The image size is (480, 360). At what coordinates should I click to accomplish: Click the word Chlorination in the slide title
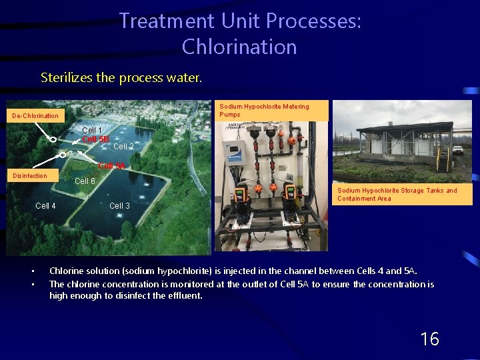239,47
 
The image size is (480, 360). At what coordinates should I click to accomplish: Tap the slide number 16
429,339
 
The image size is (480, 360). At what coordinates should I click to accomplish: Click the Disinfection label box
31,176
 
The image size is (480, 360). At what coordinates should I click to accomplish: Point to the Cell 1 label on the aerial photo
92,131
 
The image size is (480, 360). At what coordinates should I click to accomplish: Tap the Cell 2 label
123,147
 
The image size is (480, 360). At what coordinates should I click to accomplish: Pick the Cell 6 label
85,181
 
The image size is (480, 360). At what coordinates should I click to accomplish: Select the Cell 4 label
45,206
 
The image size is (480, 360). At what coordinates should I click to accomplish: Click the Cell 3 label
119,206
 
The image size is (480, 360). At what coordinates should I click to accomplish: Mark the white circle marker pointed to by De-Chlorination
51,140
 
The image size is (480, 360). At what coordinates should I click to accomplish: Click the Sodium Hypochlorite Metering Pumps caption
273,111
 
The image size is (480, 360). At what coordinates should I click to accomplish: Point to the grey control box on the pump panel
235,153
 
